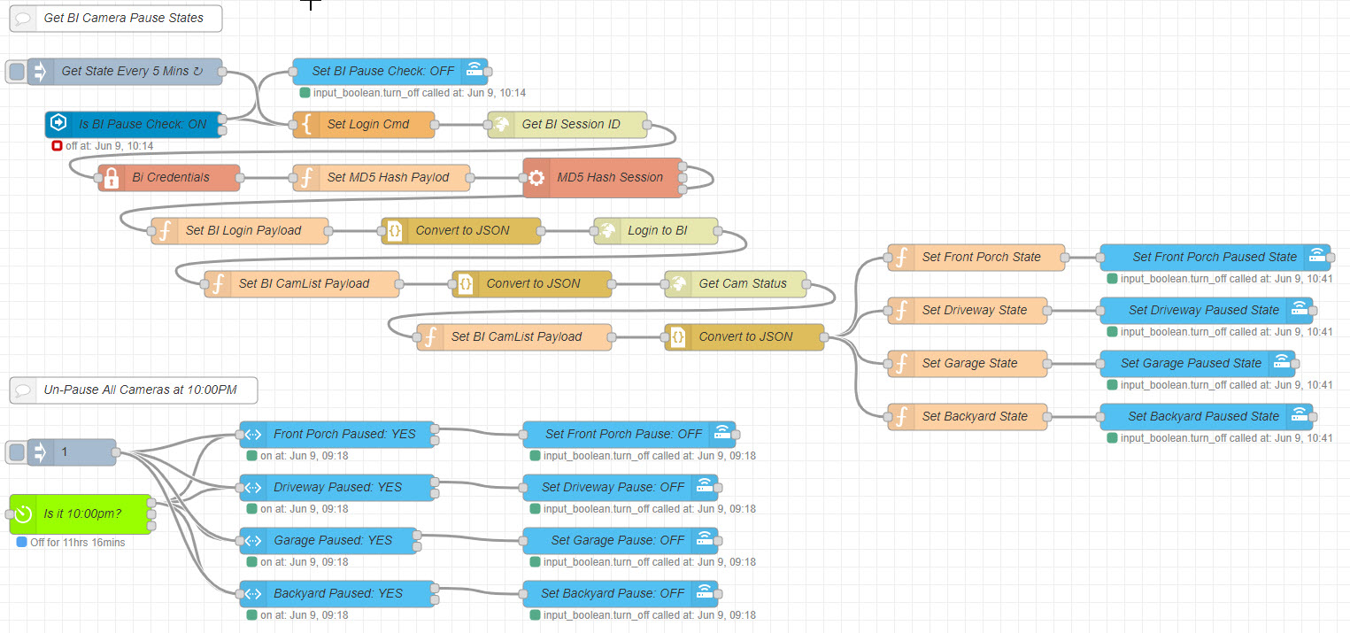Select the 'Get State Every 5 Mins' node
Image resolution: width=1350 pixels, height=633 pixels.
tap(124, 72)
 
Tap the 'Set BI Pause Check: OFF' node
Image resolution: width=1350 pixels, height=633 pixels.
tap(382, 72)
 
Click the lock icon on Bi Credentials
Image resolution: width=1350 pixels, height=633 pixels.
tap(112, 178)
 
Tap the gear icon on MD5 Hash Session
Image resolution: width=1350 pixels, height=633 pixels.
tap(536, 178)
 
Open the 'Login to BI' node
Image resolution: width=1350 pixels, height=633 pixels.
tap(657, 231)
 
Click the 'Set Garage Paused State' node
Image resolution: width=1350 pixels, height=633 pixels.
tap(1190, 364)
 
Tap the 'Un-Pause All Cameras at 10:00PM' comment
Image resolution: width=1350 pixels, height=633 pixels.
tap(133, 390)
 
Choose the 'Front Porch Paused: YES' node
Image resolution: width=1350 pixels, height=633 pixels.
tap(337, 435)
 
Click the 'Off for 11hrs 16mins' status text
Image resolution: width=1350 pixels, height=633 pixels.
tap(77, 543)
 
